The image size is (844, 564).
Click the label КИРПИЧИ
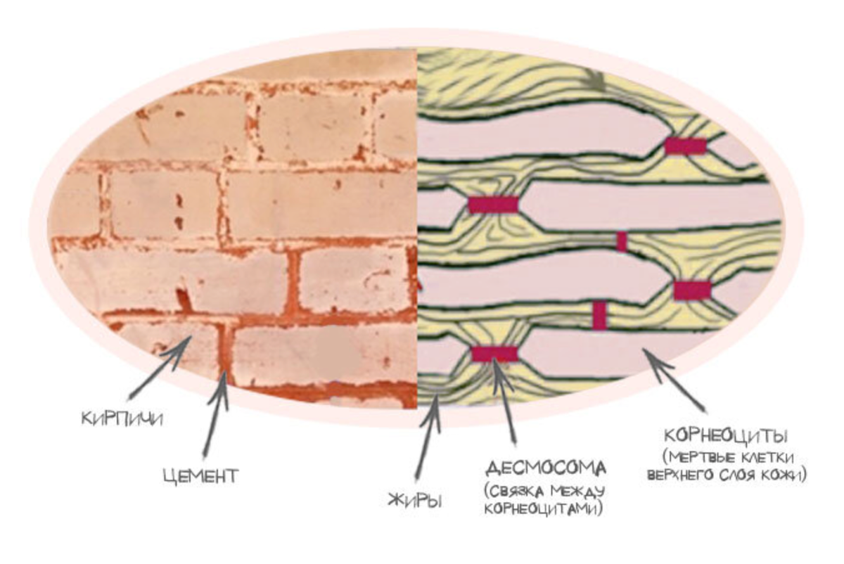click(122, 419)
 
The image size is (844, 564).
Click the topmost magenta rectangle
click(685, 146)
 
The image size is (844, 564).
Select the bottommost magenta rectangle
click(494, 354)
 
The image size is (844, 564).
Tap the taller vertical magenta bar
click(599, 315)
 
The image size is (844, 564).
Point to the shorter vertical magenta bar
click(622, 241)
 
